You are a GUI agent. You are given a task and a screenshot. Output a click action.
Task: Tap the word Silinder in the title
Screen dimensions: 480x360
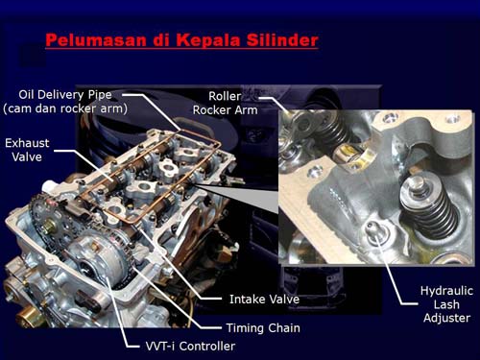(282, 40)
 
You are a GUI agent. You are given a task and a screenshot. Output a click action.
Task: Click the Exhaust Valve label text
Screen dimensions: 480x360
(27, 150)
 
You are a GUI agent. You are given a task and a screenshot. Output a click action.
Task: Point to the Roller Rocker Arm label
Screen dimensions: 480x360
(225, 103)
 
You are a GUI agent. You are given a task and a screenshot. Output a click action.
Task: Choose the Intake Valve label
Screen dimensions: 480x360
(264, 300)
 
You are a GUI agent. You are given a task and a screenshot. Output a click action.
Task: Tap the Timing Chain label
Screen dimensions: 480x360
(263, 328)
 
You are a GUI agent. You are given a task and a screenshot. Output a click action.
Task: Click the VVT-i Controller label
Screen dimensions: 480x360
(190, 346)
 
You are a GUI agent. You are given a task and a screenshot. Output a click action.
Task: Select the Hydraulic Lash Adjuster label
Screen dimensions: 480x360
(446, 304)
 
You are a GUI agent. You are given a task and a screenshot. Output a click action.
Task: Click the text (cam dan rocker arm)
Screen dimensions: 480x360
(65, 108)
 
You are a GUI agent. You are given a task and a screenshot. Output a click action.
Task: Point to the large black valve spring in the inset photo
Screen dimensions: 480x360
(430, 207)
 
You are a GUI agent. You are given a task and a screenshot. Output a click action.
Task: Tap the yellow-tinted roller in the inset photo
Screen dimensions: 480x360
(349, 155)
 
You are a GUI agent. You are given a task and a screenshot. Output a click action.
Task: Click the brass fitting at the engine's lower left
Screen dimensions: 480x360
(25, 316)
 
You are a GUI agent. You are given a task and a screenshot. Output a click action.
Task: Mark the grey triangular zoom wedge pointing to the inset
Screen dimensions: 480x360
(243, 195)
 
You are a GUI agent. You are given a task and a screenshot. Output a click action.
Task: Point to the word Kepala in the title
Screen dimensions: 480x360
(208, 40)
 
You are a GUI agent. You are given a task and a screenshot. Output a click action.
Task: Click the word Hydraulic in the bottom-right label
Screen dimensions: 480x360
(446, 291)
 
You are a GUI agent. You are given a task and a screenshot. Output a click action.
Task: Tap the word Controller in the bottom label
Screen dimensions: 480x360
(207, 346)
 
